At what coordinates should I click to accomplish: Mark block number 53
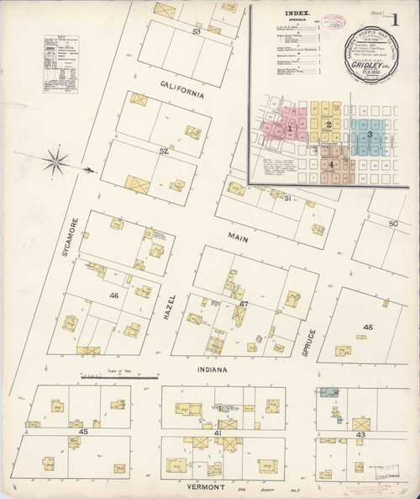[197, 31]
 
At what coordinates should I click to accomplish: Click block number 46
[113, 296]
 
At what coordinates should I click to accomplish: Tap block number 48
[367, 327]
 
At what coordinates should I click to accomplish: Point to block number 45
[83, 432]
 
